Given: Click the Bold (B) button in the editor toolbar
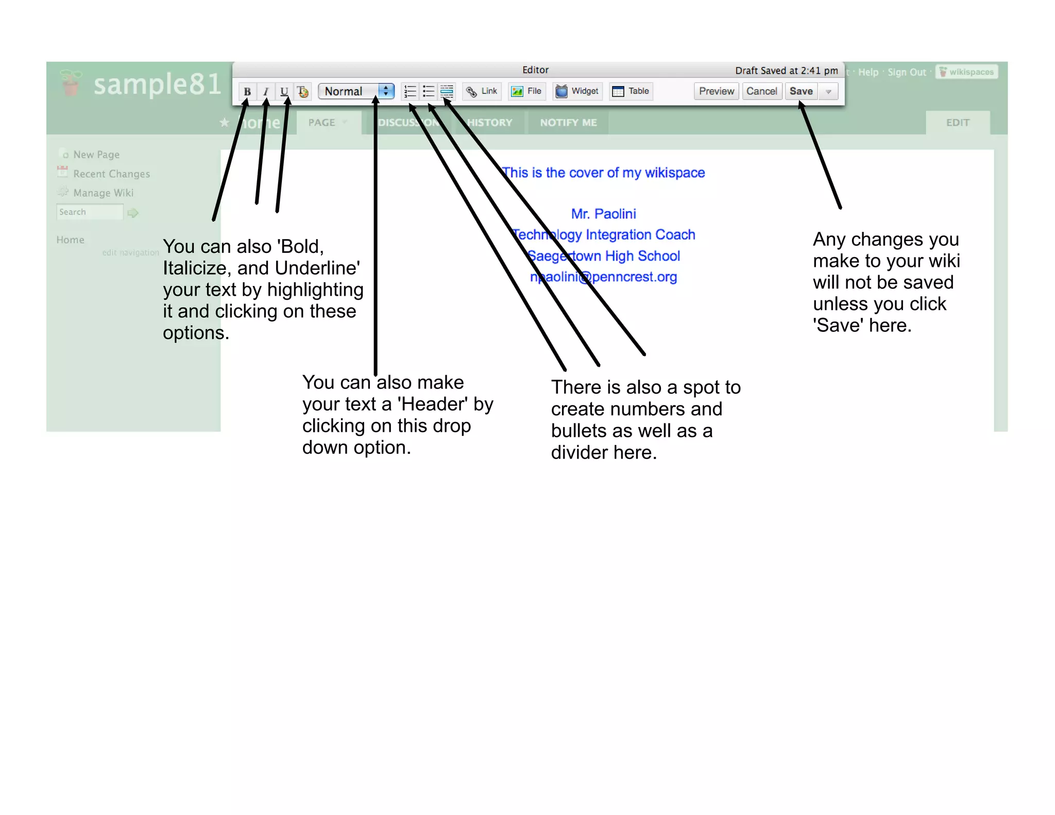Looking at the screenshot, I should point(247,92).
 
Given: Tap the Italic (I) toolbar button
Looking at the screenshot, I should point(266,92).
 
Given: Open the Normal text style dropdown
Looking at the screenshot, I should point(356,91).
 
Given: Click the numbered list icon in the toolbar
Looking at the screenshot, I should point(410,92).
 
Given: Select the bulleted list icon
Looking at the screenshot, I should point(428,92).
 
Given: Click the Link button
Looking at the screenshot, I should point(482,91).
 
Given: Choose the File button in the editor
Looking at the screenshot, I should point(526,91).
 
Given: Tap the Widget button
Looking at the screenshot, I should point(577,91).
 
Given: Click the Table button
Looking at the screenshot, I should point(631,91).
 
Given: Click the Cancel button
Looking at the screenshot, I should point(761,91).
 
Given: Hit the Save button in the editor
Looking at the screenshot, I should point(801,91).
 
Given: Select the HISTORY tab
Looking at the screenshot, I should point(489,123).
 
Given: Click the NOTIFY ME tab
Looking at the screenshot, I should point(568,123).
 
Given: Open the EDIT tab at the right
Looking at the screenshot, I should point(958,123).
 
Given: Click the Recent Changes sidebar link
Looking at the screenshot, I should point(111,174).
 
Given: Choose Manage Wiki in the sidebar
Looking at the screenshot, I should point(103,193).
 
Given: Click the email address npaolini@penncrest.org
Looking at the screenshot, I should point(603,277).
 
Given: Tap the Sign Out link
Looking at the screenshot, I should point(907,72).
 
